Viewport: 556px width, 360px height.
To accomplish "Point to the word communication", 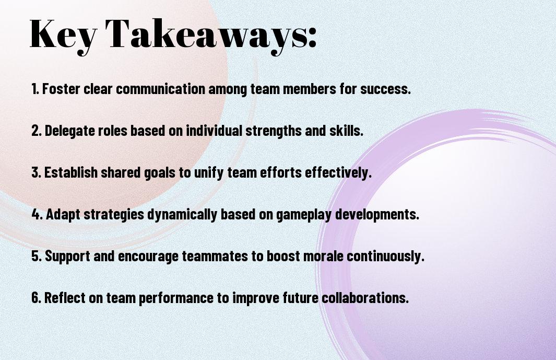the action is coord(161,89).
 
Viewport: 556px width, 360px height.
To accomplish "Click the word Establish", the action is coord(71,172).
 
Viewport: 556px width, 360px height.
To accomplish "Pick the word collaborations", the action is coord(365,298).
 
